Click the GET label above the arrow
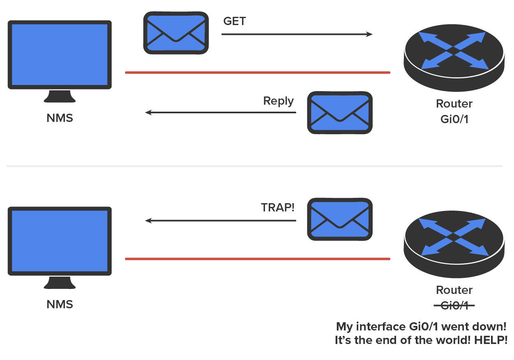(235, 21)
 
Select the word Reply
(279, 101)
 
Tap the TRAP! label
(278, 207)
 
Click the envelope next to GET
(176, 33)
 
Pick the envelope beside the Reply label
(340, 112)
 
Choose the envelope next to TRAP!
(340, 219)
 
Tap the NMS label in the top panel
(60, 119)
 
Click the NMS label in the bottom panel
(60, 305)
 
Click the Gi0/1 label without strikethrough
(454, 119)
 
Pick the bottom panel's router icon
(454, 238)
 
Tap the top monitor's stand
(60, 97)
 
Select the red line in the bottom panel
(257, 259)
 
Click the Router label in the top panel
(454, 104)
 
